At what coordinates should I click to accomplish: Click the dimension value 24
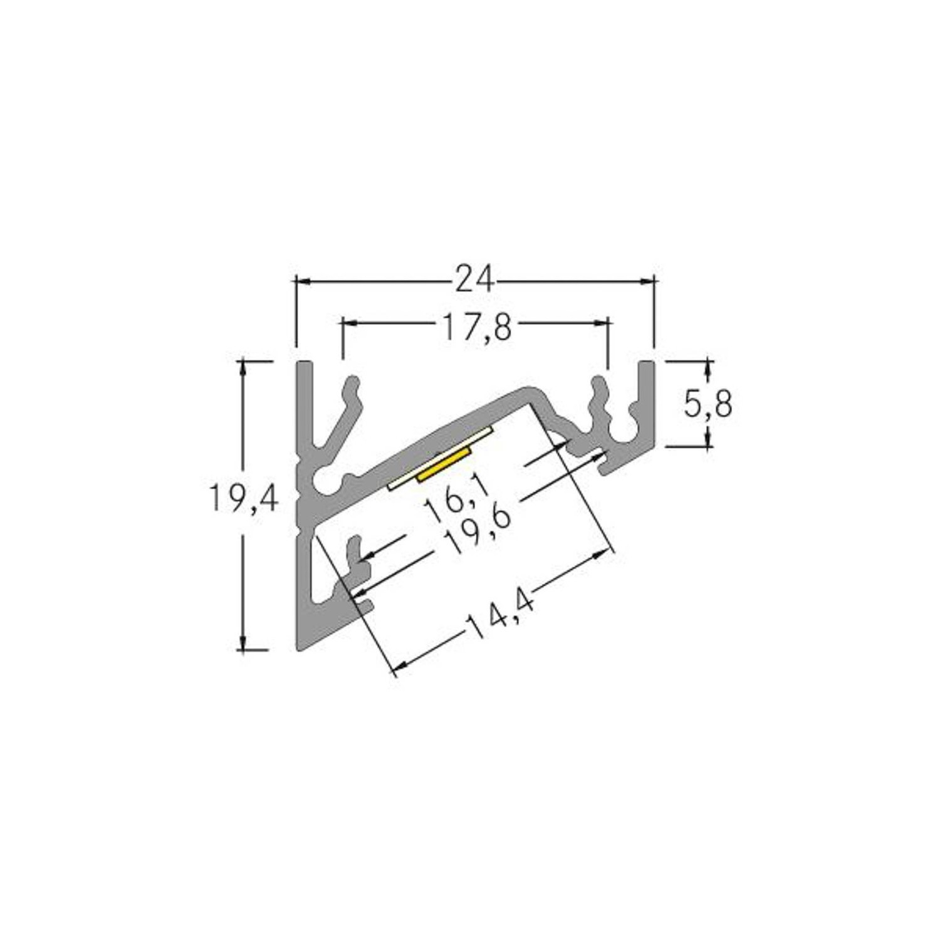click(x=474, y=280)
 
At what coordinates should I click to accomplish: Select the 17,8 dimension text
click(x=478, y=327)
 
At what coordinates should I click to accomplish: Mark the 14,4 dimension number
click(x=499, y=617)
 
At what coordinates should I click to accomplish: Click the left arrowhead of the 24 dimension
click(x=301, y=281)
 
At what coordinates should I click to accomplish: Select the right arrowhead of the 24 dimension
click(x=648, y=281)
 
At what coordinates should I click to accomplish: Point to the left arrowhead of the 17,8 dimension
click(x=348, y=323)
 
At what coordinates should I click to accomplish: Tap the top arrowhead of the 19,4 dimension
click(x=243, y=367)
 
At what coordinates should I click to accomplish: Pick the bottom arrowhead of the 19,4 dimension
click(x=243, y=645)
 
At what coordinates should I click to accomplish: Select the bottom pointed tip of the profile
click(x=298, y=648)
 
